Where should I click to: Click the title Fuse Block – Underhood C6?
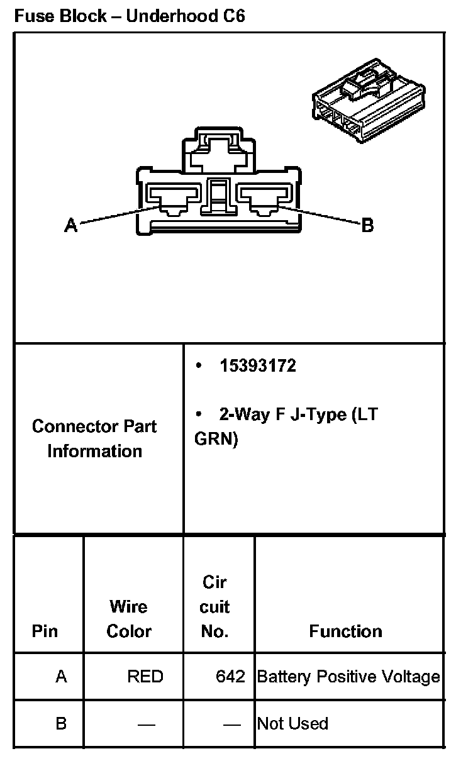(130, 16)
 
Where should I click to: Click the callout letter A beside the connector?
(71, 225)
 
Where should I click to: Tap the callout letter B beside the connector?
(368, 225)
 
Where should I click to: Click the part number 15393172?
(257, 366)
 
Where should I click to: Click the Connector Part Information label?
(95, 438)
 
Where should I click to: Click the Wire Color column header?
(129, 619)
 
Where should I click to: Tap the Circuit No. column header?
(215, 607)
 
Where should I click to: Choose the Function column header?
(345, 631)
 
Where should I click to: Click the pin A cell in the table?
(61, 677)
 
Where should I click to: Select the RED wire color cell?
(145, 677)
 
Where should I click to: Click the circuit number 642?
(230, 677)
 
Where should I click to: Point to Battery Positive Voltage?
(348, 677)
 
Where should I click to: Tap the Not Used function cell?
(292, 723)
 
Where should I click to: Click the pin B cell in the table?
(61, 723)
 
